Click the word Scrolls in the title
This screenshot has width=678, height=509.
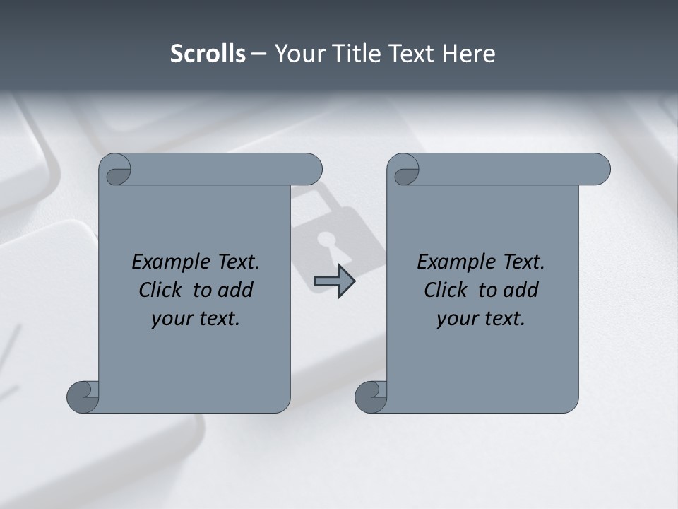coord(208,54)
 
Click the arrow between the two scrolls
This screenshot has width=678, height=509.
coord(335,281)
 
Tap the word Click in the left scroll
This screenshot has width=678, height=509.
coord(160,290)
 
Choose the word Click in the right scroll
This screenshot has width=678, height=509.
coord(446,290)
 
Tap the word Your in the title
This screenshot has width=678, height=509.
coord(297,54)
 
